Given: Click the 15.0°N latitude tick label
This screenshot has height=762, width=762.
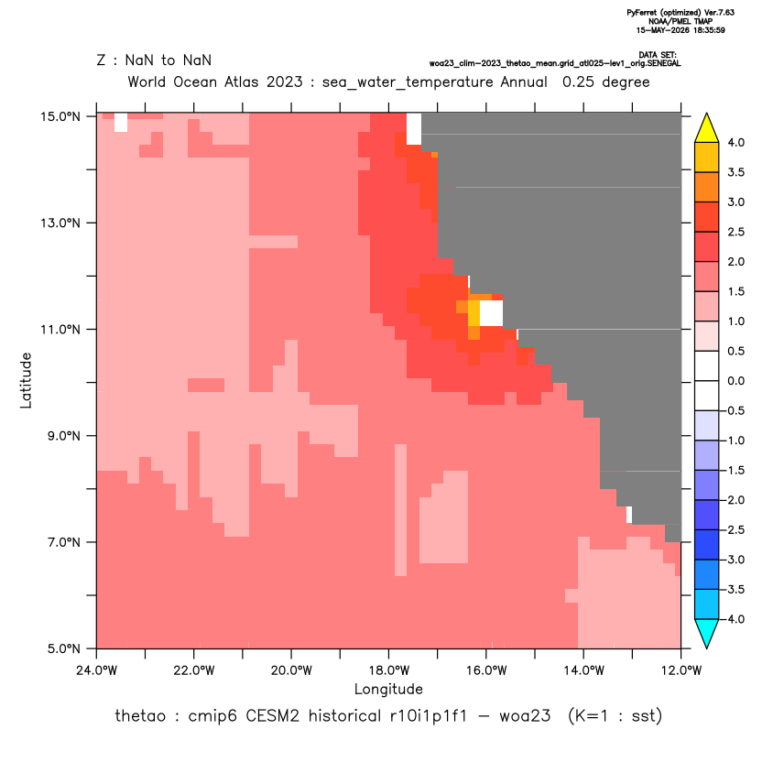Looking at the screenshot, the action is pyautogui.click(x=60, y=116).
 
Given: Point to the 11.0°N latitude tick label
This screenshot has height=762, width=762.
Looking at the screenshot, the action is pyautogui.click(x=60, y=330).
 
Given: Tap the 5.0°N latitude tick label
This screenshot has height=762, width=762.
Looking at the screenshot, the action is pyautogui.click(x=64, y=648).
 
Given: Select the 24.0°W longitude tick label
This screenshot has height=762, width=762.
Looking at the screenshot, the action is pyautogui.click(x=97, y=670).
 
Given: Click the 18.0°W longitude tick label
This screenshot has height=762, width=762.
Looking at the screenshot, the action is pyautogui.click(x=388, y=670).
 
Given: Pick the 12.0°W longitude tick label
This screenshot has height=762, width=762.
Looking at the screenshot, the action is pyautogui.click(x=680, y=670).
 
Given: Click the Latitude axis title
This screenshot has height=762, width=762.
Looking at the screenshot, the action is pyautogui.click(x=26, y=380).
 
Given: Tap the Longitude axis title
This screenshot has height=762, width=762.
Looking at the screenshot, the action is pyautogui.click(x=388, y=689).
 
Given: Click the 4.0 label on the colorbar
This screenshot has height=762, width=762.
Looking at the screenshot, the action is pyautogui.click(x=735, y=142).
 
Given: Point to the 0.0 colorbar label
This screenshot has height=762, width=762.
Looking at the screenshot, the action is pyautogui.click(x=735, y=381).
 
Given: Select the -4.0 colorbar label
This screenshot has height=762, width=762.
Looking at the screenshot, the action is pyautogui.click(x=735, y=619).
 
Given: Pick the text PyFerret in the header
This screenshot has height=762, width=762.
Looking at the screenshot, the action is pyautogui.click(x=642, y=13).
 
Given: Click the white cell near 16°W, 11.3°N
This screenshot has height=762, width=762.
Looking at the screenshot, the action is pyautogui.click(x=491, y=313).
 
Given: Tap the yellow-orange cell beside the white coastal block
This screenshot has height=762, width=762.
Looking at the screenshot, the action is pyautogui.click(x=474, y=313).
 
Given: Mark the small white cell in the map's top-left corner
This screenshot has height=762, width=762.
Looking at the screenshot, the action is pyautogui.click(x=121, y=123).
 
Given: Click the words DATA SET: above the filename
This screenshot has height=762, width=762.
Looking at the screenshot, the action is pyautogui.click(x=658, y=55).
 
